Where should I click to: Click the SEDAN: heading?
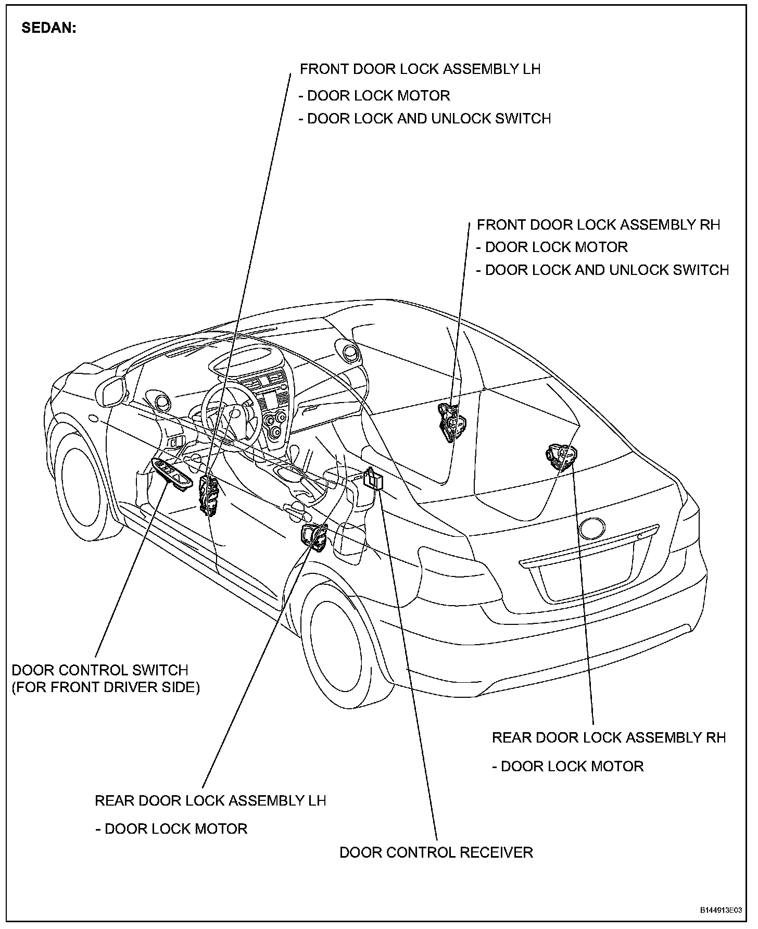pyautogui.click(x=49, y=28)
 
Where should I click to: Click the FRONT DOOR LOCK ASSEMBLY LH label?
pyautogui.click(x=420, y=69)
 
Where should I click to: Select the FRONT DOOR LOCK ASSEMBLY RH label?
pyautogui.click(x=598, y=225)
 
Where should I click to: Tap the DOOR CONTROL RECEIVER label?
pyautogui.click(x=436, y=852)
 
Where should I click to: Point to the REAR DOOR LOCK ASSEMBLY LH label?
pyautogui.click(x=210, y=800)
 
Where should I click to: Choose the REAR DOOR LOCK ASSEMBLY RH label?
pyautogui.click(x=609, y=737)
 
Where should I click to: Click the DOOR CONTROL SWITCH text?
pyautogui.click(x=100, y=670)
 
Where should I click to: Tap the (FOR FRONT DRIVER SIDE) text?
pyautogui.click(x=106, y=687)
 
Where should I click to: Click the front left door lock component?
pyautogui.click(x=209, y=494)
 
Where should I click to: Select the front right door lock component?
pyautogui.click(x=449, y=422)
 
